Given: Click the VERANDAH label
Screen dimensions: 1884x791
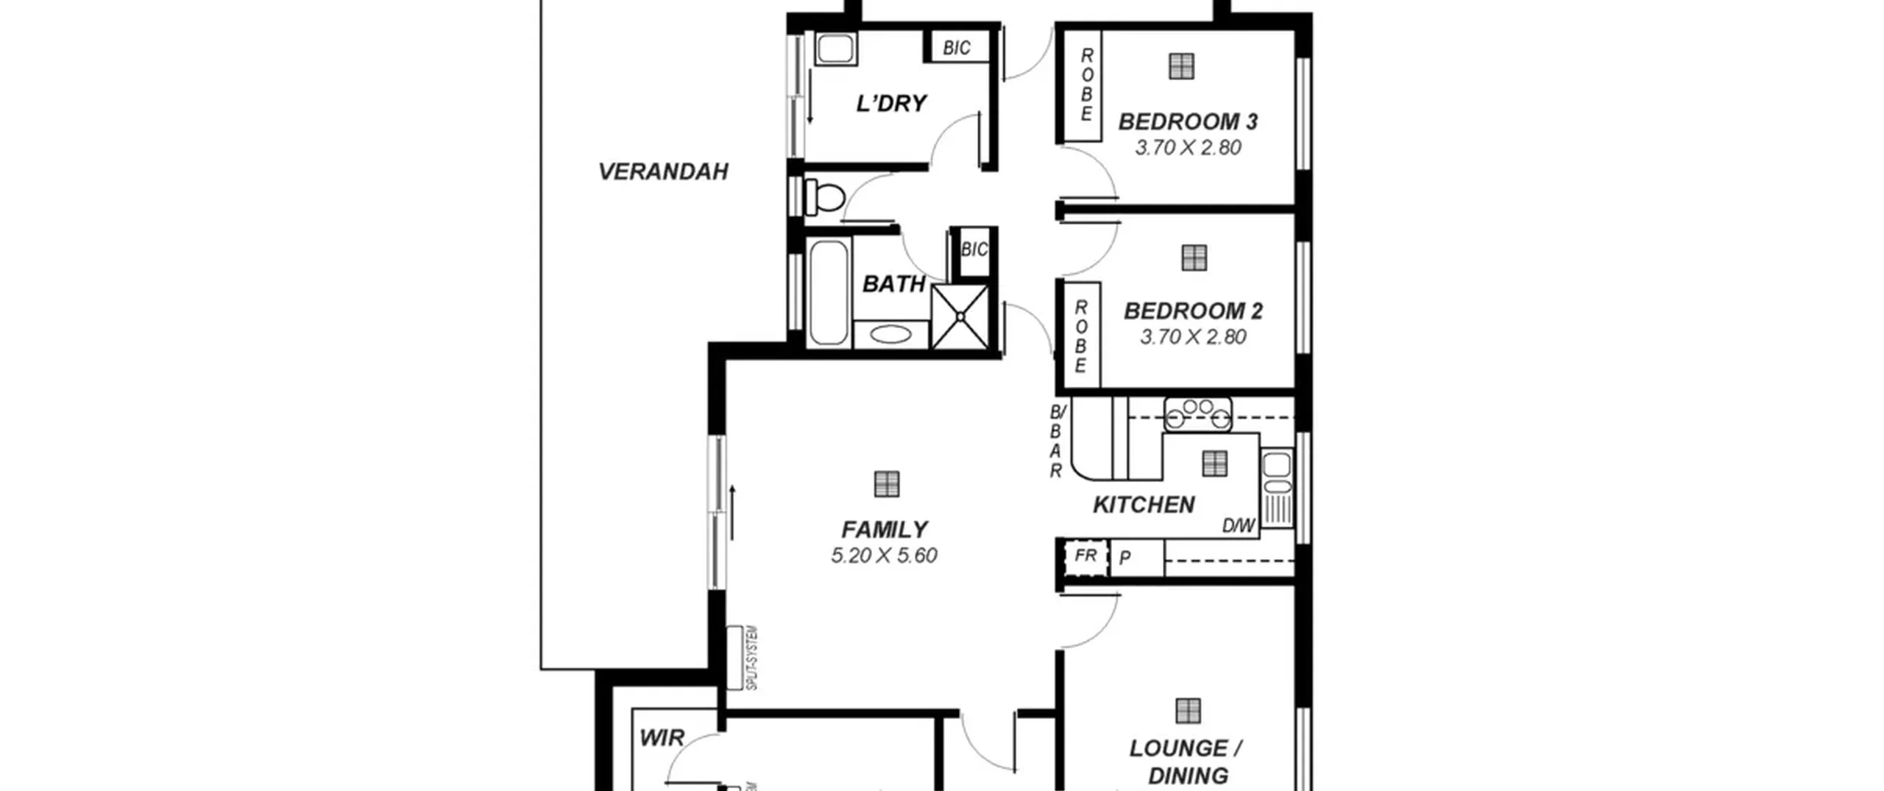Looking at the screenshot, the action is tap(663, 171).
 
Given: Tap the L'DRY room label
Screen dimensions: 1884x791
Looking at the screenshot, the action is tap(891, 103).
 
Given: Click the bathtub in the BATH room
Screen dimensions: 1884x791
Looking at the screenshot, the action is tap(829, 292).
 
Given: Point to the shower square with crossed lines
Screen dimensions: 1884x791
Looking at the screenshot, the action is tap(960, 316).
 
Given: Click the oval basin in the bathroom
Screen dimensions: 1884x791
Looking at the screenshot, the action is tap(890, 335).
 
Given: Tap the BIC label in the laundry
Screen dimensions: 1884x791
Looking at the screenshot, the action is tap(957, 49).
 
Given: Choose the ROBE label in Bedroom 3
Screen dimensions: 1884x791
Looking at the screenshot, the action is tap(1087, 85).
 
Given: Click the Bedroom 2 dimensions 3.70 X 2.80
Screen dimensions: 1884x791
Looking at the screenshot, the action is tap(1193, 337).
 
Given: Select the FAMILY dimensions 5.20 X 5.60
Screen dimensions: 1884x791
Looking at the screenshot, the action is tap(884, 556).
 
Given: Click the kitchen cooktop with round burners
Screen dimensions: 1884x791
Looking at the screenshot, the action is tap(1197, 414).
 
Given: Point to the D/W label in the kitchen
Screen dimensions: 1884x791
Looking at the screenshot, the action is tap(1238, 526).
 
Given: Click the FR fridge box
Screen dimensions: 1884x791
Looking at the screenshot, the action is tap(1086, 557).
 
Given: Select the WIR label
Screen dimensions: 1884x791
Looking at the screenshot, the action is tap(662, 738).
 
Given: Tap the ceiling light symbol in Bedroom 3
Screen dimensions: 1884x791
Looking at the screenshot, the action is tap(1181, 66).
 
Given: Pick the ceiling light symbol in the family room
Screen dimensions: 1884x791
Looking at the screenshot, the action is tap(887, 484).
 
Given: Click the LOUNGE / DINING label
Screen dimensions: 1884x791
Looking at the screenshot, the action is tap(1187, 762).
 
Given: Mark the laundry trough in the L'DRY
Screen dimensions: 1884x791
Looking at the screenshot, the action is tap(835, 49).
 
